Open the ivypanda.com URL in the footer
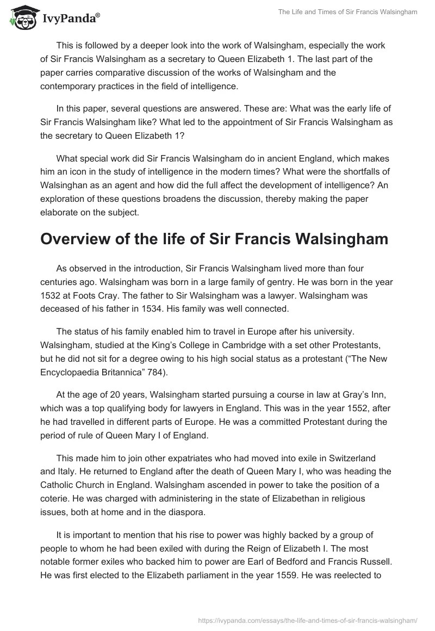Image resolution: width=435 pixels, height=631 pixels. point(307,618)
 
